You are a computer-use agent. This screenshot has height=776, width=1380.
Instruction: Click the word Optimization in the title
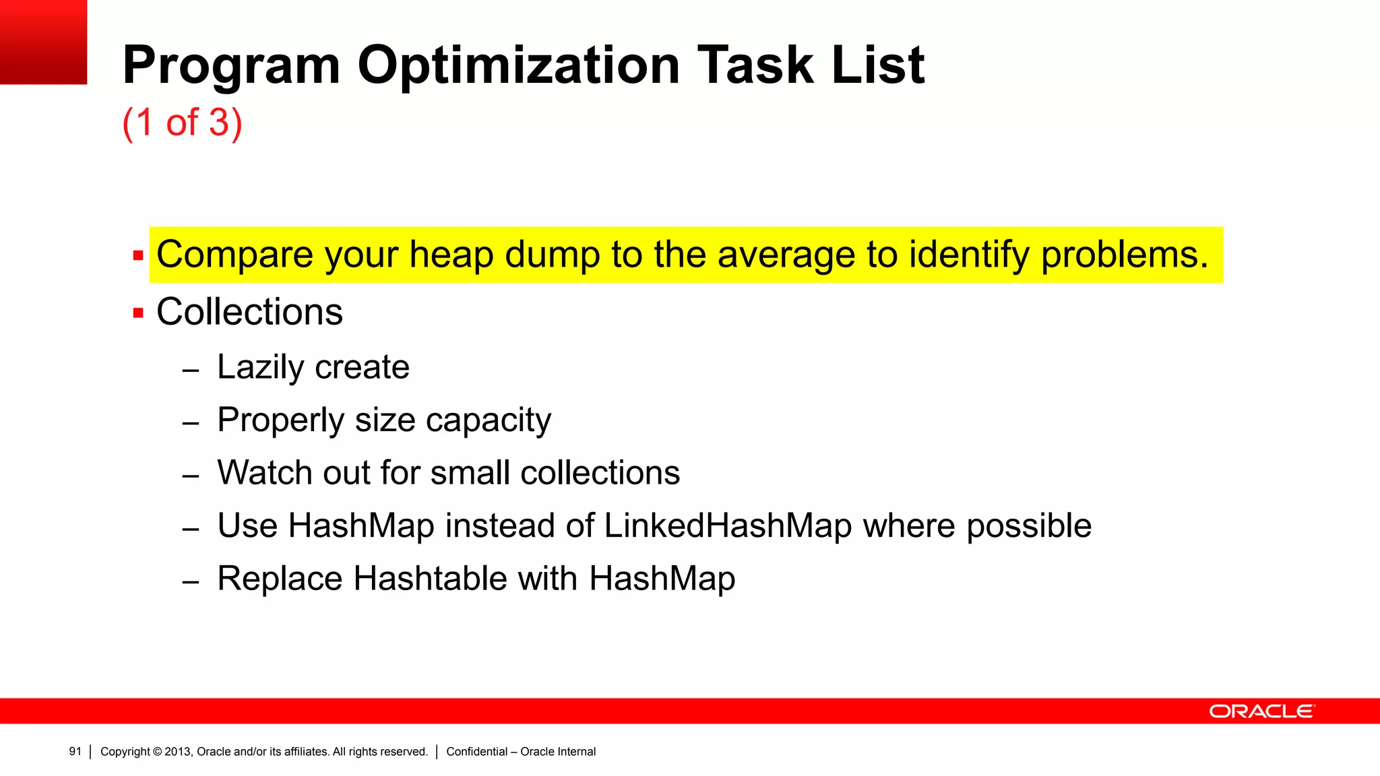(x=518, y=65)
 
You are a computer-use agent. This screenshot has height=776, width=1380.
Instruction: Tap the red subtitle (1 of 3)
(x=182, y=123)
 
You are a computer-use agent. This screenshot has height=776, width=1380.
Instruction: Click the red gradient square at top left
(x=43, y=42)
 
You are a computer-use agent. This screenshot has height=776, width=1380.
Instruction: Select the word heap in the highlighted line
(x=451, y=255)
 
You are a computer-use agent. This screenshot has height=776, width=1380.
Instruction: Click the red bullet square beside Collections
(x=138, y=313)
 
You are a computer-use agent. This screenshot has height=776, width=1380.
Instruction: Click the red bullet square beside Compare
(x=138, y=256)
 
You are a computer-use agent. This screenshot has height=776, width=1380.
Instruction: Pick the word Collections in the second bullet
(x=249, y=312)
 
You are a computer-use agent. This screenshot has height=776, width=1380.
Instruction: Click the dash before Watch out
(x=191, y=476)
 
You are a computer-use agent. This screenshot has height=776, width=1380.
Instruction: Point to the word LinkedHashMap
(x=728, y=525)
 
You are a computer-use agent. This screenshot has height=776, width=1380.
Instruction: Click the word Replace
(x=280, y=579)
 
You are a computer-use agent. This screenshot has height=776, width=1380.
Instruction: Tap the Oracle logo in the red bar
(x=1261, y=711)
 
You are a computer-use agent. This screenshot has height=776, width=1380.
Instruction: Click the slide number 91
(x=75, y=752)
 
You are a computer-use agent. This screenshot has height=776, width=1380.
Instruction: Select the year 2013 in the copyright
(x=178, y=752)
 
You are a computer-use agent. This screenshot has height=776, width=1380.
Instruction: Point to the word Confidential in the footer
(x=476, y=752)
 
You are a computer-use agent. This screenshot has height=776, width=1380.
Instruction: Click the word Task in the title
(x=755, y=65)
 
